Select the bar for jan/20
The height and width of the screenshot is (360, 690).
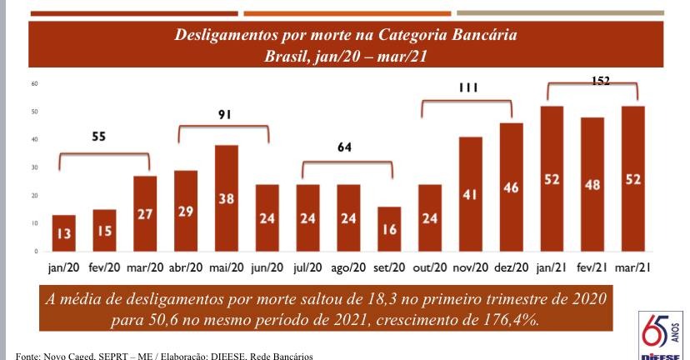pos(63,232)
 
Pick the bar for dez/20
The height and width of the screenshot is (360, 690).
pos(511,187)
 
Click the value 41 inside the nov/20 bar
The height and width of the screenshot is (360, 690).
pos(470,196)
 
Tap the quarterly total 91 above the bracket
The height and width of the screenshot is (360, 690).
pos(224,115)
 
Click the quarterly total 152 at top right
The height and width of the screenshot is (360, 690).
pos(600,81)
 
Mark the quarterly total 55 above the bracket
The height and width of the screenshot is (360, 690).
pos(99,142)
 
